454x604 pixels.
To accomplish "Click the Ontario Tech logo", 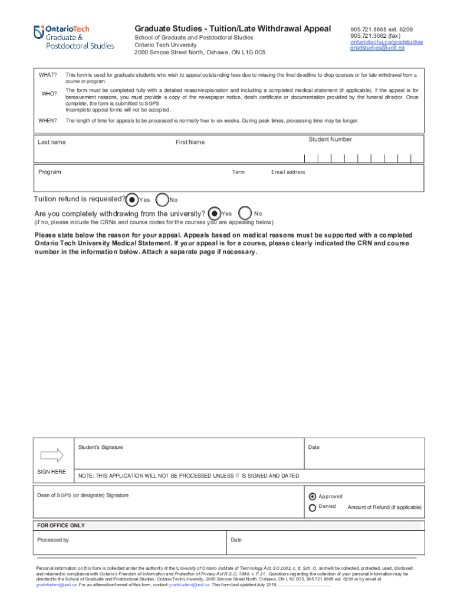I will pos(74,37).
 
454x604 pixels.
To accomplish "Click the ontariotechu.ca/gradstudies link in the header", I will pos(386,42).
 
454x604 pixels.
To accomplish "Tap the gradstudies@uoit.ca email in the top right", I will pos(377,48).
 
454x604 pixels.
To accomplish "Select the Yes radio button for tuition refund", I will pos(133,199).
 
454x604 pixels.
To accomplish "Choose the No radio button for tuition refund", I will pos(163,199).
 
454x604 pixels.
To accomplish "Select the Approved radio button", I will pos(312,496).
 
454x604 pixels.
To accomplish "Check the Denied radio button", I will pos(312,507).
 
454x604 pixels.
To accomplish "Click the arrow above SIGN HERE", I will pos(51,455).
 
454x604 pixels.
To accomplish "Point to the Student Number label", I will pos(330,140).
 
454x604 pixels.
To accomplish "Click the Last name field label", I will pos(52,142).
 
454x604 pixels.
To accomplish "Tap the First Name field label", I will pos(190,142).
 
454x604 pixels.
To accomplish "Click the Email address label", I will pos(288,172).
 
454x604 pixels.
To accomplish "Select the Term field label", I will pos(238,172).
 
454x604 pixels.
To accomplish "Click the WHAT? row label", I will pos(48,75).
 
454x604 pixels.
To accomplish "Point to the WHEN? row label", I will pos(47,121).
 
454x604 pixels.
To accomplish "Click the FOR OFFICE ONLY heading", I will pos(61,526).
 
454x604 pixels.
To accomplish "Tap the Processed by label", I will pos(53,540).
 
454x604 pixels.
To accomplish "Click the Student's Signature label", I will pos(101,447).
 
